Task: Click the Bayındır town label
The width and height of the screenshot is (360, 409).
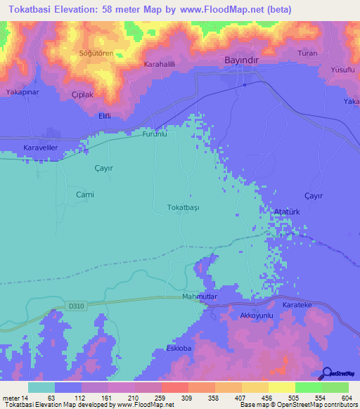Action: tap(243, 61)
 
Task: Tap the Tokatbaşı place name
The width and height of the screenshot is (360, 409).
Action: tap(184, 208)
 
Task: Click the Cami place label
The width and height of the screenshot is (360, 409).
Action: tap(84, 194)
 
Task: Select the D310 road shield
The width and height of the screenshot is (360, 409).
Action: tap(77, 306)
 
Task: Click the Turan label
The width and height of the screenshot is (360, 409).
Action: tap(308, 53)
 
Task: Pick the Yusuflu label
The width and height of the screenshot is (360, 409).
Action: tap(344, 70)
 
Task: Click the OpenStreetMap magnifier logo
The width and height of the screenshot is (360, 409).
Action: tap(326, 373)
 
